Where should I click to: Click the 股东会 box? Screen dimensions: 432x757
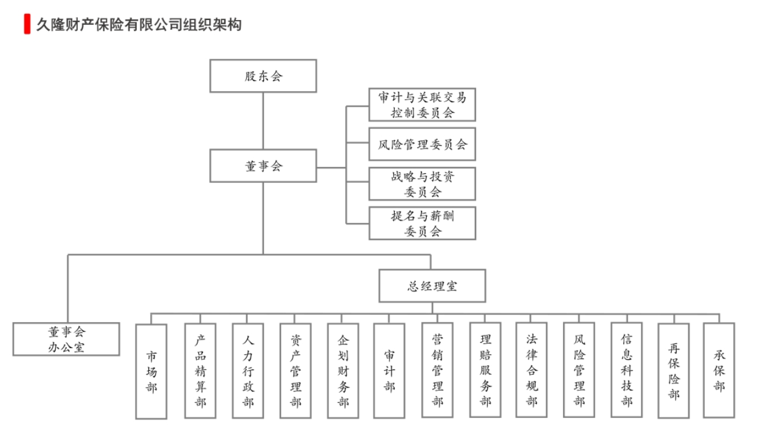click(263, 76)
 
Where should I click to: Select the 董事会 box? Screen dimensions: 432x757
click(263, 166)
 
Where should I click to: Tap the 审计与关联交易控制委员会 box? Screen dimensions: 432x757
click(422, 105)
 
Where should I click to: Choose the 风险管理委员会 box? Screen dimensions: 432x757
click(422, 144)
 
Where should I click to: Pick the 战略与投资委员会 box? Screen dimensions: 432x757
click(422, 183)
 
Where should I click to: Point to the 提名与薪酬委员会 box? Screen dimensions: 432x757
click(422, 223)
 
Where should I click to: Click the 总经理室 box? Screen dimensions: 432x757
click(432, 286)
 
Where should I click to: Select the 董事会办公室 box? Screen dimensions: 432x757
click(67, 339)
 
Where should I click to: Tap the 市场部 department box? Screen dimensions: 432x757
click(151, 371)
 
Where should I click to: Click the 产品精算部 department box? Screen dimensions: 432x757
click(200, 370)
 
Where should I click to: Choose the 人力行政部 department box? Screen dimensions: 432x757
click(247, 370)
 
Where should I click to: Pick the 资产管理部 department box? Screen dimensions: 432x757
click(296, 370)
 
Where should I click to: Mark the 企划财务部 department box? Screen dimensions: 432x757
click(343, 370)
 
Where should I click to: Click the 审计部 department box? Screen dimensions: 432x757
click(389, 370)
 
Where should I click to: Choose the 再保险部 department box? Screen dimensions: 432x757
click(673, 370)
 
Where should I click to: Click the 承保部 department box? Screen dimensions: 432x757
click(719, 370)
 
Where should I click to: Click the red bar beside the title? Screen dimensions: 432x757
click(27, 24)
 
